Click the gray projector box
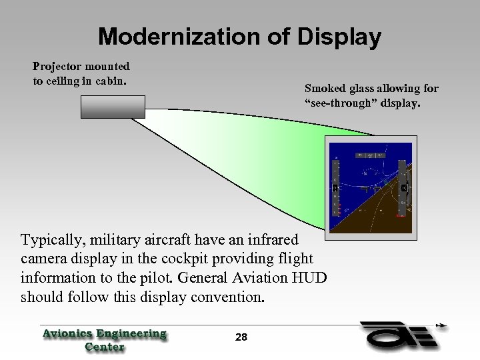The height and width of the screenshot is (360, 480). tap(113, 107)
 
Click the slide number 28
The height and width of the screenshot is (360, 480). tap(241, 338)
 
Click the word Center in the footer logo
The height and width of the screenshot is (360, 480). tap(105, 347)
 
